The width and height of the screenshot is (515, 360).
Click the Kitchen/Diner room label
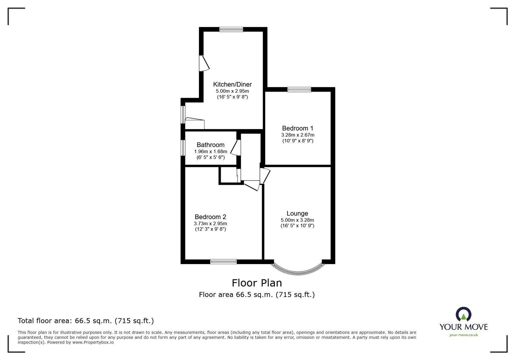click(x=232, y=85)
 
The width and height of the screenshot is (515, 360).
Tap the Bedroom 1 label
click(x=297, y=128)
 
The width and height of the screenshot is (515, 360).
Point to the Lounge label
click(x=297, y=214)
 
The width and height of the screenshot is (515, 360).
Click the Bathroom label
click(x=211, y=145)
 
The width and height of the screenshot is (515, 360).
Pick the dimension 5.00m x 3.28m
click(x=297, y=220)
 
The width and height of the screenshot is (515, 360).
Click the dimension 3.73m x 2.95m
click(x=210, y=224)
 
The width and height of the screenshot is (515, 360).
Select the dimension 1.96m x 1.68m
click(x=211, y=152)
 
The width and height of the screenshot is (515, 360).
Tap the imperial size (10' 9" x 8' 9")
click(x=297, y=141)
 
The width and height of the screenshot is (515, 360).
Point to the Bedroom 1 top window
click(x=299, y=90)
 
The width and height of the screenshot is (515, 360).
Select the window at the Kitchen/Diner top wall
click(x=231, y=29)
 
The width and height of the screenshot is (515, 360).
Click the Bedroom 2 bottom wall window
click(x=223, y=262)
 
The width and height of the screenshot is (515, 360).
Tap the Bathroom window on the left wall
click(x=183, y=147)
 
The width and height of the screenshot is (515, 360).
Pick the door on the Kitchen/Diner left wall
click(x=204, y=63)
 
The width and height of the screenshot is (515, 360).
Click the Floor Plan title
click(x=257, y=283)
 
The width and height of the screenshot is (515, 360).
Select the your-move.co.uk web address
click(x=464, y=335)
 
